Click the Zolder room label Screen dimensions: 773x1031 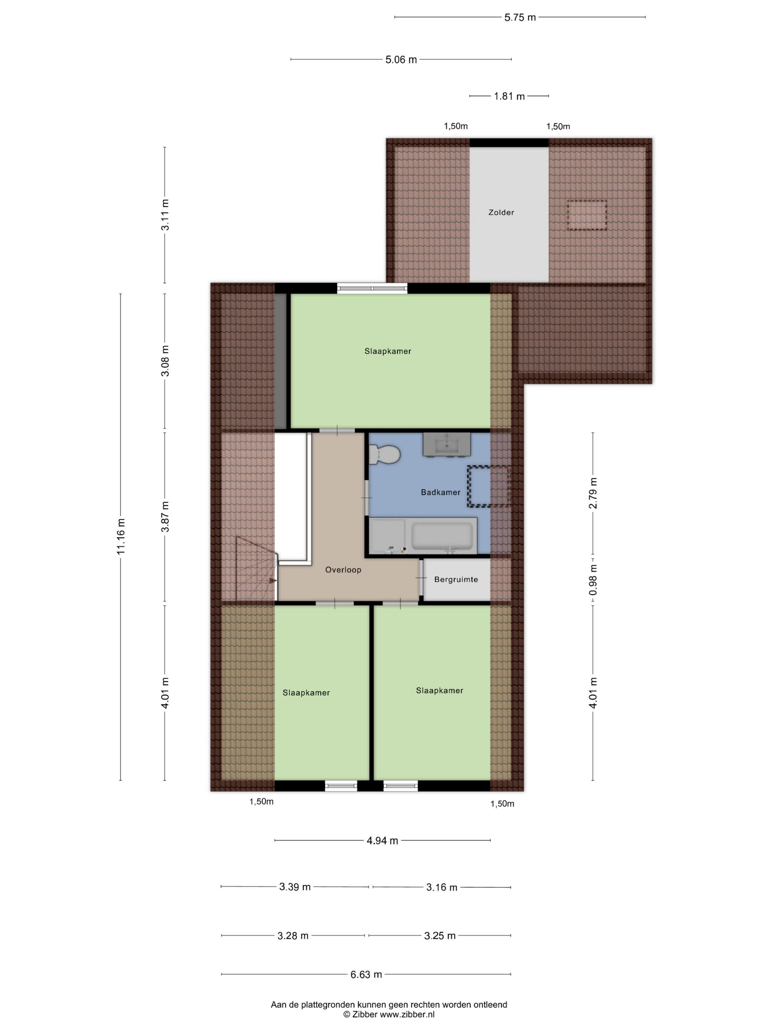501,212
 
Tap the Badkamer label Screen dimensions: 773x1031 440,492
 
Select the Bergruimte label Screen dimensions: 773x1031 456,580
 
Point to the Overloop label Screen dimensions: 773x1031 343,570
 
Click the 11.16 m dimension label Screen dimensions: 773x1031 121,537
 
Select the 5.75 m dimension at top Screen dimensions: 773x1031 520,18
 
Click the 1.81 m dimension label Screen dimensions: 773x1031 509,96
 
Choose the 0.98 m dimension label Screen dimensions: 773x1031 593,580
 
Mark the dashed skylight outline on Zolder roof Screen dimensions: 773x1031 587,215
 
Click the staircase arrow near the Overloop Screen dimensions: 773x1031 273,581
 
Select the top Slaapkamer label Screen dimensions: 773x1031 388,351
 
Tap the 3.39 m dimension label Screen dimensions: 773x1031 295,887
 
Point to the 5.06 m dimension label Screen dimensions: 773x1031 401,60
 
